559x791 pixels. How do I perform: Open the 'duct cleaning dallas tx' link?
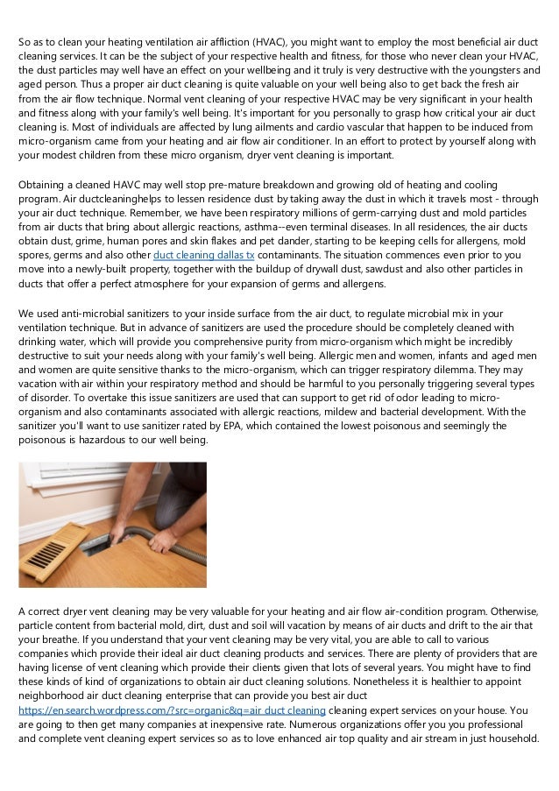click(203, 254)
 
